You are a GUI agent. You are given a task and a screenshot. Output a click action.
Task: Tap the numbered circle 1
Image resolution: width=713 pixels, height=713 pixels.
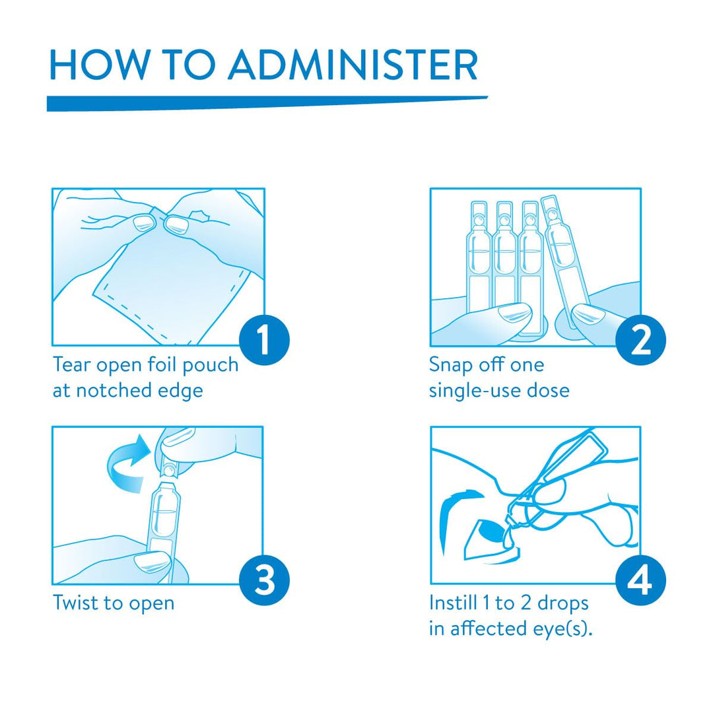[264, 341]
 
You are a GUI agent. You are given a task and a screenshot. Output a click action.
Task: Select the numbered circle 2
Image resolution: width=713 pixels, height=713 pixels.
[640, 341]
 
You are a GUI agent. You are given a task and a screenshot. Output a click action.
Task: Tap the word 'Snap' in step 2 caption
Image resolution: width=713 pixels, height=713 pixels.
[450, 366]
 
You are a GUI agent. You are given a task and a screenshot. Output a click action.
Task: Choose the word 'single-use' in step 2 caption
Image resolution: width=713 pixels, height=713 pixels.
[475, 391]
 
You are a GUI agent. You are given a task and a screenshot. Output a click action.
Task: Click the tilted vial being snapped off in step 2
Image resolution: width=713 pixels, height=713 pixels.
[564, 255]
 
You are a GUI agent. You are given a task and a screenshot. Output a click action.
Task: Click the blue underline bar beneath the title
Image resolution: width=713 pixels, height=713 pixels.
[267, 103]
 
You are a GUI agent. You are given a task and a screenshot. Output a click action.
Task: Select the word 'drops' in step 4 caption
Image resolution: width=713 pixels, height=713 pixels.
[563, 604]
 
